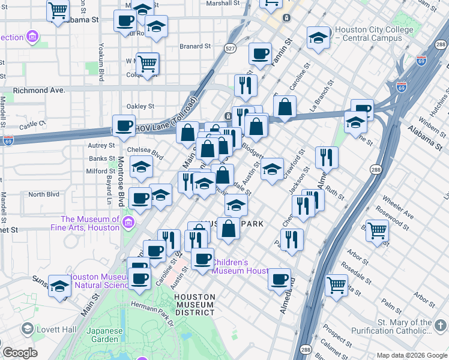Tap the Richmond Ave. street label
click(x=38, y=91)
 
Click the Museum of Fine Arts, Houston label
click(x=90, y=224)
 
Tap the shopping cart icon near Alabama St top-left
click(x=58, y=10)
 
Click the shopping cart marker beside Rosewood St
click(x=378, y=230)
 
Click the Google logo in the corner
click(x=20, y=353)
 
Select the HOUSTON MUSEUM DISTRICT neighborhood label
click(x=194, y=305)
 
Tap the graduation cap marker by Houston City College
click(x=318, y=38)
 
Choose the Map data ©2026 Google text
click(x=411, y=355)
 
